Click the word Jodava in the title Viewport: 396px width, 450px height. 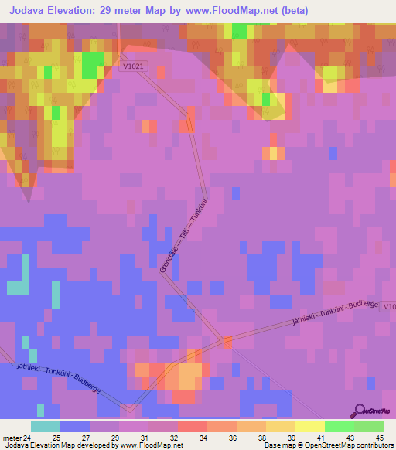pos(32,11)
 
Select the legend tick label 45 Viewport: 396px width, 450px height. pos(378,438)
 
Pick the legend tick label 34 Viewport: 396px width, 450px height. pos(202,438)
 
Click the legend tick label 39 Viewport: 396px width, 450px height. pos(290,438)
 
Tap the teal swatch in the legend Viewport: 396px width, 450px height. pos(46,426)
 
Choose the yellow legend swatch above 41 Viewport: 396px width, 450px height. pos(310,426)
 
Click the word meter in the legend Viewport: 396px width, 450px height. pos(11,438)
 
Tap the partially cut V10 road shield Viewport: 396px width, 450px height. pos(388,306)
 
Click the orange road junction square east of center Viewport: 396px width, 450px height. pos(227,341)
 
